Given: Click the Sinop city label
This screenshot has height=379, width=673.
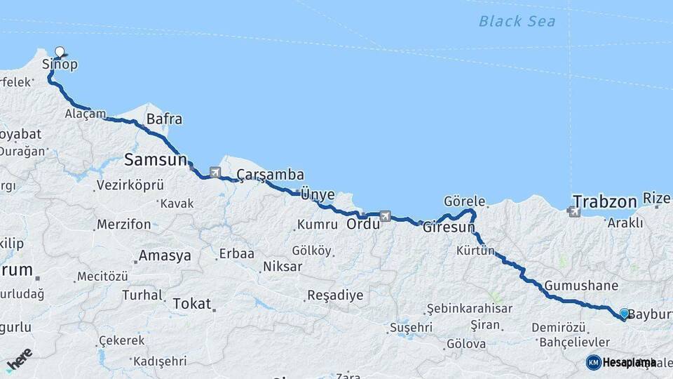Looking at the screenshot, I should tap(60, 65).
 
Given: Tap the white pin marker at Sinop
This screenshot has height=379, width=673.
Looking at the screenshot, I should tap(60, 51).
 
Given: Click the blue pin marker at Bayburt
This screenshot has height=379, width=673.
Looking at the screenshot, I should tap(624, 313).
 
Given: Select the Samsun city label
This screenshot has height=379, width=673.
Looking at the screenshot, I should tap(156, 160).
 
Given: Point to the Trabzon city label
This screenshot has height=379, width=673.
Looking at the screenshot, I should tap(603, 200).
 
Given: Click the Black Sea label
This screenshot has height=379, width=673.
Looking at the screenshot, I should tap(517, 21).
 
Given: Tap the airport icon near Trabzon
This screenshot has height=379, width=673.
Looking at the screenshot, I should tap(576, 210).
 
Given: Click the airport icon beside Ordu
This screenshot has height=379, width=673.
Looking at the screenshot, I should tap(385, 216).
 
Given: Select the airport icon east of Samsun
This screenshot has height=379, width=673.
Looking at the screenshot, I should tap(215, 172).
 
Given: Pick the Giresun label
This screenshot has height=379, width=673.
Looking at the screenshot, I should tap(444, 227).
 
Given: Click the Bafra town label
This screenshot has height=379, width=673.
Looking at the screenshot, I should tap(164, 119).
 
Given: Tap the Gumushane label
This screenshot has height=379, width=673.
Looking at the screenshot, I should tap(581, 286).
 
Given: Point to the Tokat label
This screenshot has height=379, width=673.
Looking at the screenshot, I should tap(191, 304).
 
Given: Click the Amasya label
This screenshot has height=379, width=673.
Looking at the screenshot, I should tap(165, 255).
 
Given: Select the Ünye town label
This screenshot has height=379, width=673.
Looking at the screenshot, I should tap(318, 194).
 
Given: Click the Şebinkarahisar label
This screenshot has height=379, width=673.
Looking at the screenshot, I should tap(470, 308).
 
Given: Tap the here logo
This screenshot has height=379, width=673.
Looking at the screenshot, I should tap(19, 359).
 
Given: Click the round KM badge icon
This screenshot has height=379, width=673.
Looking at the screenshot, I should tap(593, 362).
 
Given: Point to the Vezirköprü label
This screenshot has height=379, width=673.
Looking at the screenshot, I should tap(130, 185).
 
